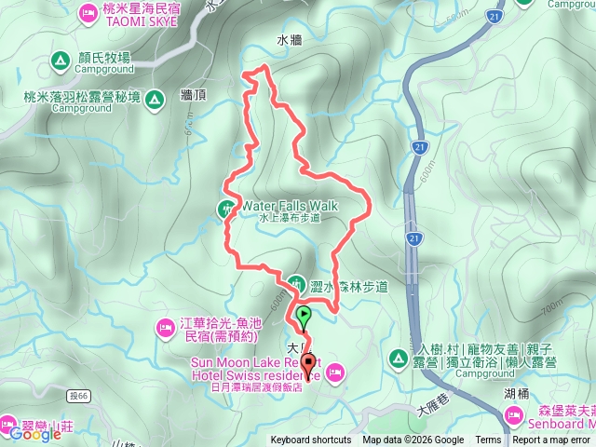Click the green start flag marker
pos(305,314)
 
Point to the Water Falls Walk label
pos(290,205)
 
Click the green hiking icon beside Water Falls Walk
pos(226,207)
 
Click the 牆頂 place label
pos(193,95)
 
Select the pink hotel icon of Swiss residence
pos(336,372)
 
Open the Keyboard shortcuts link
pos(311,440)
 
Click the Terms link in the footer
pos(488,440)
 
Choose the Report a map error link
pos(552,440)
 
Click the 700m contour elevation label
pos(549,304)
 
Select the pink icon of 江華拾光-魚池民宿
pos(163,328)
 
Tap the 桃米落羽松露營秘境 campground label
pos(83,96)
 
